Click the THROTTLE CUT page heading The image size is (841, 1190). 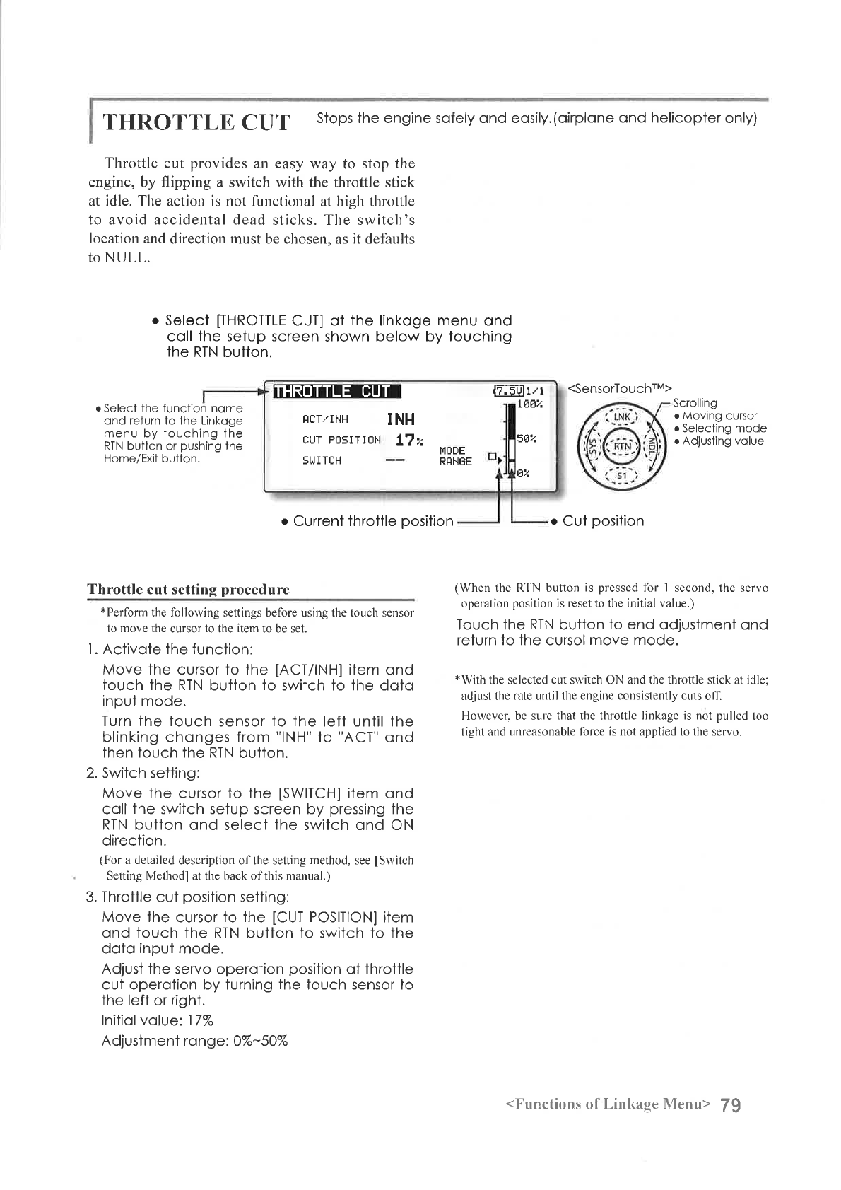(x=196, y=122)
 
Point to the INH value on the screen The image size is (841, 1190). (x=401, y=419)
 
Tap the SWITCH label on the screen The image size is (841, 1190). (x=322, y=461)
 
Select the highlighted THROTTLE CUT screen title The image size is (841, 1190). (x=336, y=392)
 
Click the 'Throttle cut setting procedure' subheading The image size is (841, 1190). (x=188, y=590)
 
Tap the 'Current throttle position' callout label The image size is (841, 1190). (x=372, y=522)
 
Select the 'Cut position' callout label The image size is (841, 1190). (x=603, y=522)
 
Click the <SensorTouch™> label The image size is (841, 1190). (x=622, y=387)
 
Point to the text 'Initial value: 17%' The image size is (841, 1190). (x=158, y=1020)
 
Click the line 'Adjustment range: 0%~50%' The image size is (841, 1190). (x=194, y=1041)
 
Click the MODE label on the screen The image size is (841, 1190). (x=452, y=450)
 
